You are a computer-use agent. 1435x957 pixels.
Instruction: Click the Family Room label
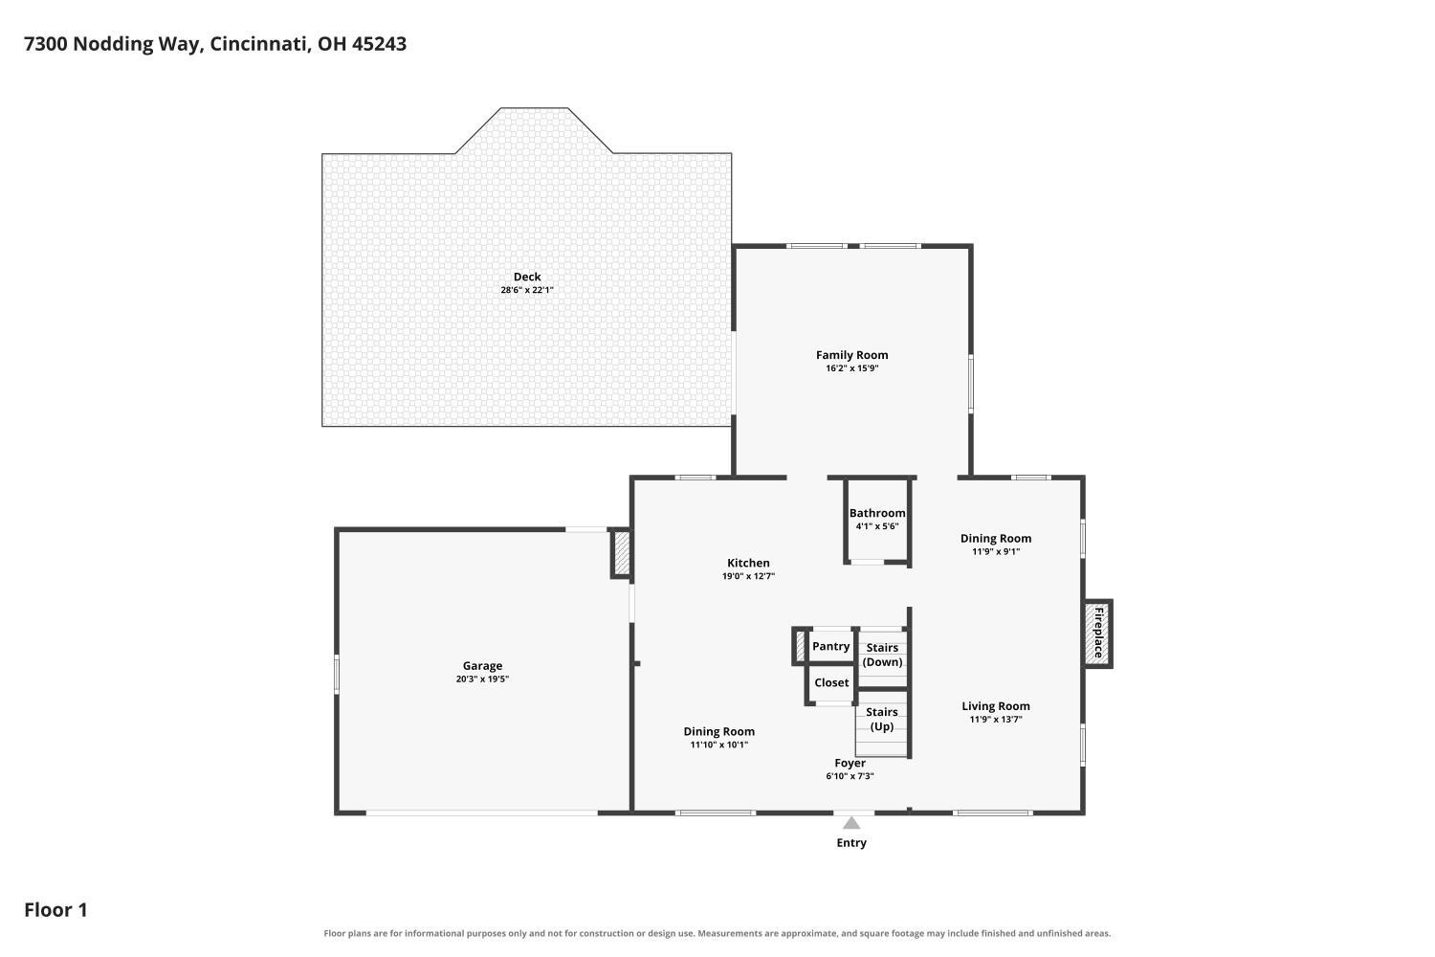pyautogui.click(x=851, y=355)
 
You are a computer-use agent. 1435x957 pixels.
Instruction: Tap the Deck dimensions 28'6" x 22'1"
pyautogui.click(x=526, y=290)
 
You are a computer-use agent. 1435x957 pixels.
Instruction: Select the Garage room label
pyautogui.click(x=482, y=666)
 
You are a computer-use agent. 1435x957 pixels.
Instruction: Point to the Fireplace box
pyautogui.click(x=1098, y=634)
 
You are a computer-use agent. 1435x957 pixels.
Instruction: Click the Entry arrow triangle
pyautogui.click(x=850, y=823)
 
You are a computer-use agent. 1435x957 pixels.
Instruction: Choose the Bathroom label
pyautogui.click(x=877, y=513)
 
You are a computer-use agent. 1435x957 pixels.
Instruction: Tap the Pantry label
pyautogui.click(x=831, y=646)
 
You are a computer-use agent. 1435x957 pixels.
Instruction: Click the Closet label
pyautogui.click(x=831, y=682)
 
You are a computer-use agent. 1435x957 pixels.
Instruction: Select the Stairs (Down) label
pyautogui.click(x=882, y=656)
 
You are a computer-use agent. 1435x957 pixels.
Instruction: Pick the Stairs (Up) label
pyautogui.click(x=881, y=720)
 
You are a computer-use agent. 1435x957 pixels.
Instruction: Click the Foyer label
pyautogui.click(x=850, y=763)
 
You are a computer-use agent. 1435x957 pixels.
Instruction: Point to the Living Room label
pyautogui.click(x=996, y=706)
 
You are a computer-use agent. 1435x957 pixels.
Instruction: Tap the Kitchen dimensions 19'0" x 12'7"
pyautogui.click(x=748, y=576)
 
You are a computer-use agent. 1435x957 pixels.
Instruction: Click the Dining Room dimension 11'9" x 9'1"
pyautogui.click(x=996, y=551)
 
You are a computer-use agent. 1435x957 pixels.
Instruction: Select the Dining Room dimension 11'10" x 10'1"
pyautogui.click(x=718, y=745)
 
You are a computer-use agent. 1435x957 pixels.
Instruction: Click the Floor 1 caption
pyautogui.click(x=55, y=910)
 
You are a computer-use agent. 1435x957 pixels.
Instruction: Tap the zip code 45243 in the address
pyautogui.click(x=379, y=44)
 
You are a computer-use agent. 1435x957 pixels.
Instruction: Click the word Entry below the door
pyautogui.click(x=850, y=843)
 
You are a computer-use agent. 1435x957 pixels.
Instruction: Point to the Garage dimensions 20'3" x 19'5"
pyautogui.click(x=482, y=679)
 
